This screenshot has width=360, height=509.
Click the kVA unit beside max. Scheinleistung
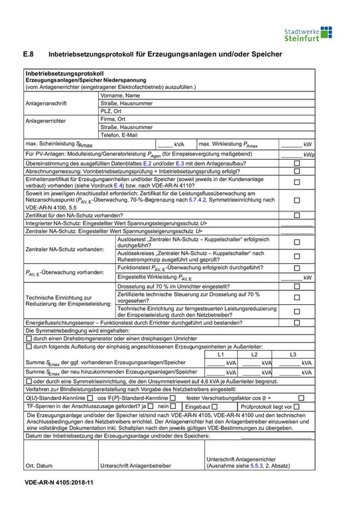pos(179,144)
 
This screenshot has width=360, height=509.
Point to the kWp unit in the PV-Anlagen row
pos(308,154)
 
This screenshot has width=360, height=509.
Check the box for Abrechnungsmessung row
pos(297,171)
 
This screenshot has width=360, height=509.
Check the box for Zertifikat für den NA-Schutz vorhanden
pos(297,215)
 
